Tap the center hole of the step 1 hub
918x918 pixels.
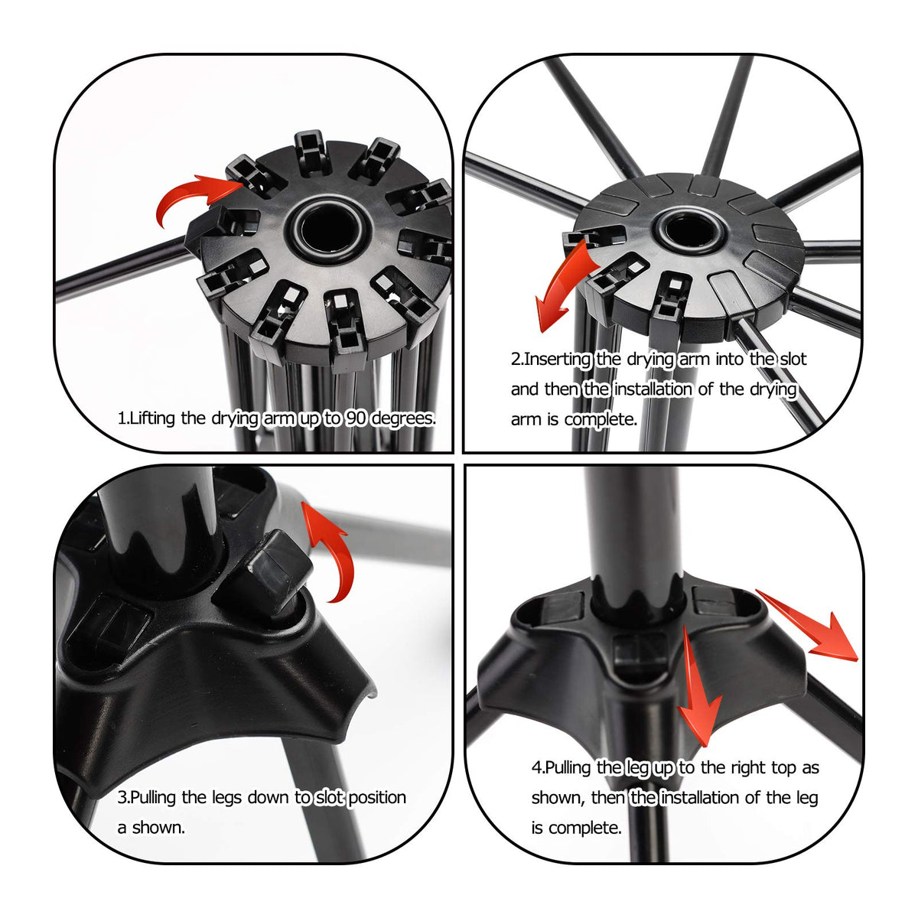click(329, 228)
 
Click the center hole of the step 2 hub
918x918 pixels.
click(687, 230)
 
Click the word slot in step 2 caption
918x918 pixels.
click(793, 359)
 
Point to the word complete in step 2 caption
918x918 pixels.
click(601, 420)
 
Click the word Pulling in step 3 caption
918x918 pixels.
click(152, 798)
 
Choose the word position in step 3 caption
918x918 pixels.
click(377, 798)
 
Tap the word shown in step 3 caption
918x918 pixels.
click(158, 828)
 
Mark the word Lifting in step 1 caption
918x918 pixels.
click(152, 418)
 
